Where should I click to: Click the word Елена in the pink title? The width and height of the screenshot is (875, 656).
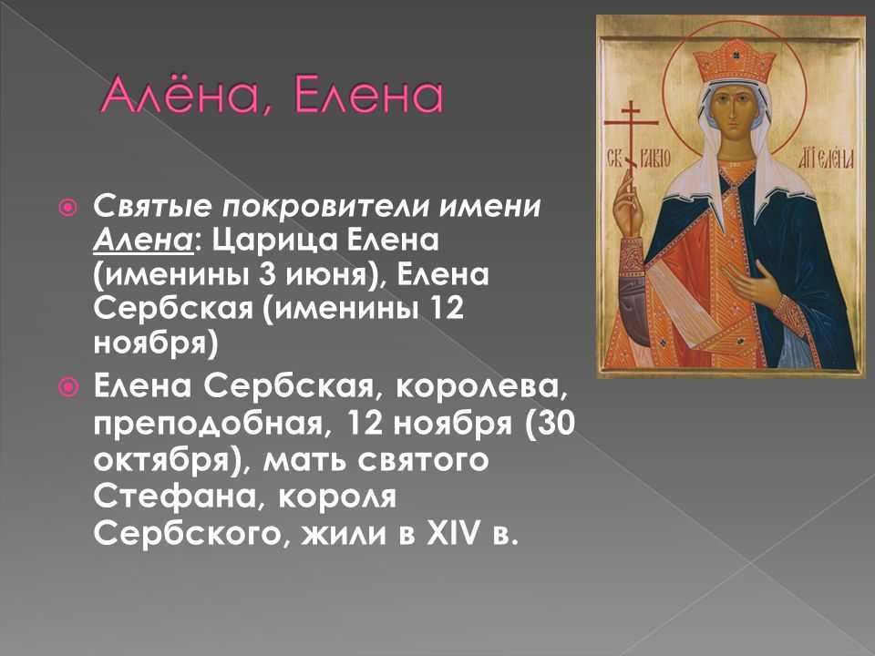(x=367, y=96)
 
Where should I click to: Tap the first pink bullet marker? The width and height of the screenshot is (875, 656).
(x=67, y=208)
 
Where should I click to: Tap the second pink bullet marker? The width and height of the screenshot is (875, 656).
(x=67, y=386)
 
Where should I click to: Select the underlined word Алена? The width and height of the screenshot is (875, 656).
(x=143, y=241)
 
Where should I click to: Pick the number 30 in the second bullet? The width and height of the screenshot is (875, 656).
(x=556, y=424)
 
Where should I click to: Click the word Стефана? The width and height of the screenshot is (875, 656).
(x=175, y=496)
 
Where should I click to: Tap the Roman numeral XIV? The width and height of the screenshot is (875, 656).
(x=452, y=533)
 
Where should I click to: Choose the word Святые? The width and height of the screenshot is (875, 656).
(x=152, y=207)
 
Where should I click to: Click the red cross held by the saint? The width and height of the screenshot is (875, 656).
(x=631, y=153)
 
